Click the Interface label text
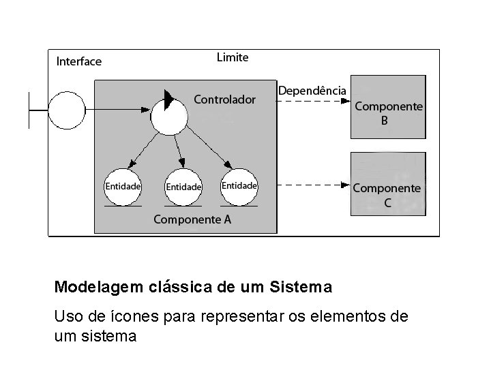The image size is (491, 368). pos(78,61)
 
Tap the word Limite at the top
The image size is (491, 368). pos(233,57)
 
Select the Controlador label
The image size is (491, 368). pos(225,99)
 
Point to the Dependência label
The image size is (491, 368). pos(312,90)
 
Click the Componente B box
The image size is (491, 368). pos(387,106)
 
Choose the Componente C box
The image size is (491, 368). pos(387,184)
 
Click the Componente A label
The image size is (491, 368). pos(192,219)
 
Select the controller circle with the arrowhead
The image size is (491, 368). pos(168,115)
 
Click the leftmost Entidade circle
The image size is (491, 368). pos(123,185)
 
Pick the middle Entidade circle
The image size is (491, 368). pos(183,186)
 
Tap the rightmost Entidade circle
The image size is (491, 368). pos(239,185)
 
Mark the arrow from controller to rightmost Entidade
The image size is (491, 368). pos(206,147)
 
